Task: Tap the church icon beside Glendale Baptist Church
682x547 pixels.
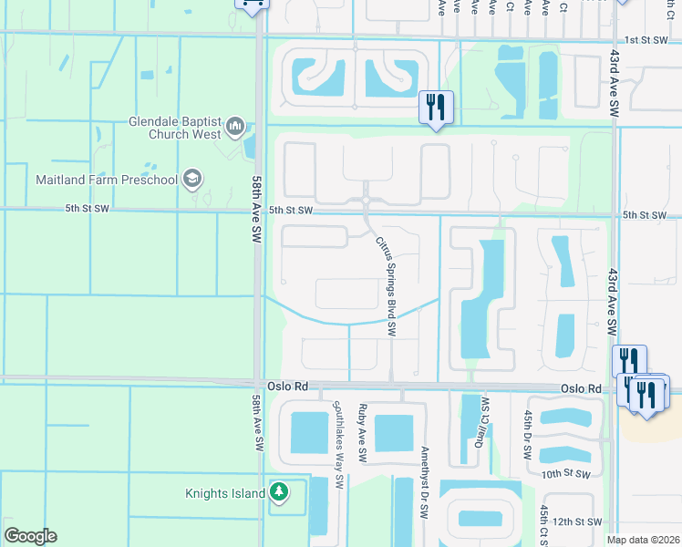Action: (x=234, y=125)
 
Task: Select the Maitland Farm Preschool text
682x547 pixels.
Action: (x=106, y=179)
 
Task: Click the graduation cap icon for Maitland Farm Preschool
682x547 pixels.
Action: (x=191, y=178)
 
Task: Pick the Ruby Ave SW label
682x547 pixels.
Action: (x=363, y=430)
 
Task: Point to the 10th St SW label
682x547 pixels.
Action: (x=572, y=475)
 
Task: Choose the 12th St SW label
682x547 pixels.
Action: (x=577, y=521)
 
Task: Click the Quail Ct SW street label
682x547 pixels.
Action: (x=476, y=425)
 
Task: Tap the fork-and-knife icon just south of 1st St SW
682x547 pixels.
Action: (x=436, y=108)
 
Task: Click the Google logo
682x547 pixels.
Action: (x=30, y=536)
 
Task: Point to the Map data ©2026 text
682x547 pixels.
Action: (x=643, y=540)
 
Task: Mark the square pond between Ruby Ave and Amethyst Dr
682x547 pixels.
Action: (x=394, y=433)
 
